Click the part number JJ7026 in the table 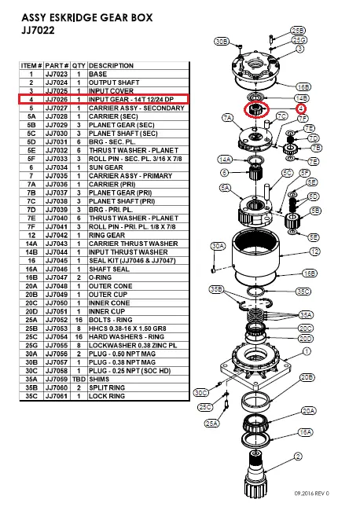coord(57,100)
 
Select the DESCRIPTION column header coord(111,66)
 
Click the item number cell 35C coord(31,396)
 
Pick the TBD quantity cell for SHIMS coord(79,380)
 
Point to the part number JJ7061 coord(57,396)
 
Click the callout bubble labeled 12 coord(314,251)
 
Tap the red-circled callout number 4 coord(301,108)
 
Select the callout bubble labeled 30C coord(200,393)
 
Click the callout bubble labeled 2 coord(298,457)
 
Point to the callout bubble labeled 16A coord(305,432)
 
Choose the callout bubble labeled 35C coord(303,292)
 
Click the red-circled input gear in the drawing coord(256,109)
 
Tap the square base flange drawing coord(255,365)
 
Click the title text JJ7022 coord(38,31)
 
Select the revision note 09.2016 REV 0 coord(311,493)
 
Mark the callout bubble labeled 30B coord(222,42)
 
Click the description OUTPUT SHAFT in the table coord(114,83)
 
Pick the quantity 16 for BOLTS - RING coord(79,320)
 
